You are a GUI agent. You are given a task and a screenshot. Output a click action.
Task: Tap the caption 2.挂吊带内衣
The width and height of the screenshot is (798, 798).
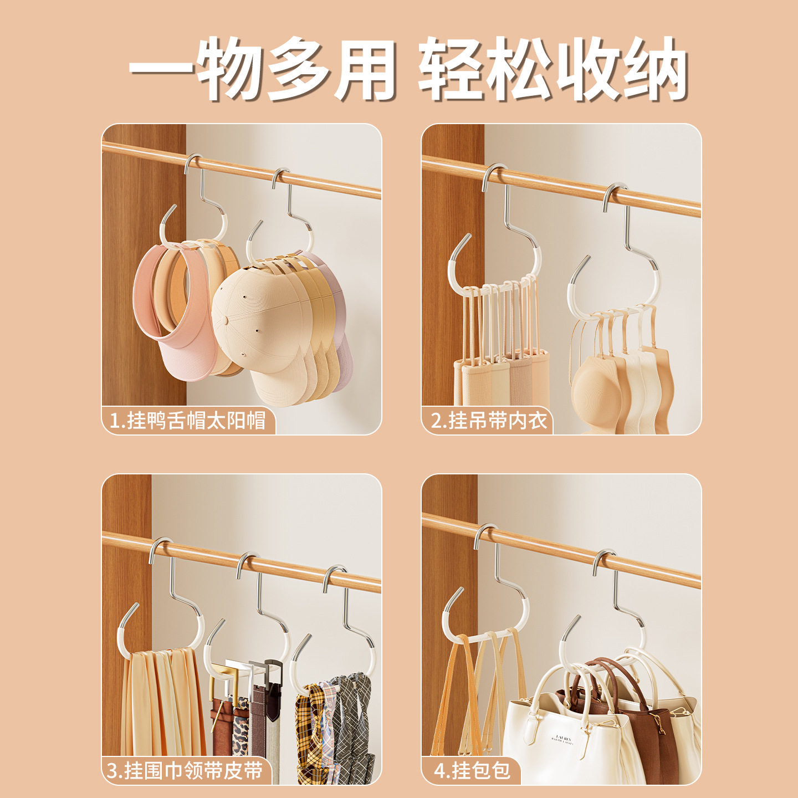[x=489, y=421]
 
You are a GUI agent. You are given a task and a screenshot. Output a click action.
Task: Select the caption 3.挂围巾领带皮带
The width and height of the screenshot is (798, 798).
[x=185, y=770]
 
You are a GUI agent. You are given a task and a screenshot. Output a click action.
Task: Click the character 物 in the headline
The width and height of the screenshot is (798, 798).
[x=231, y=69]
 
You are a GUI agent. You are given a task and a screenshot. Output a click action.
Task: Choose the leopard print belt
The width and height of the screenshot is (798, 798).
[x=240, y=731]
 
